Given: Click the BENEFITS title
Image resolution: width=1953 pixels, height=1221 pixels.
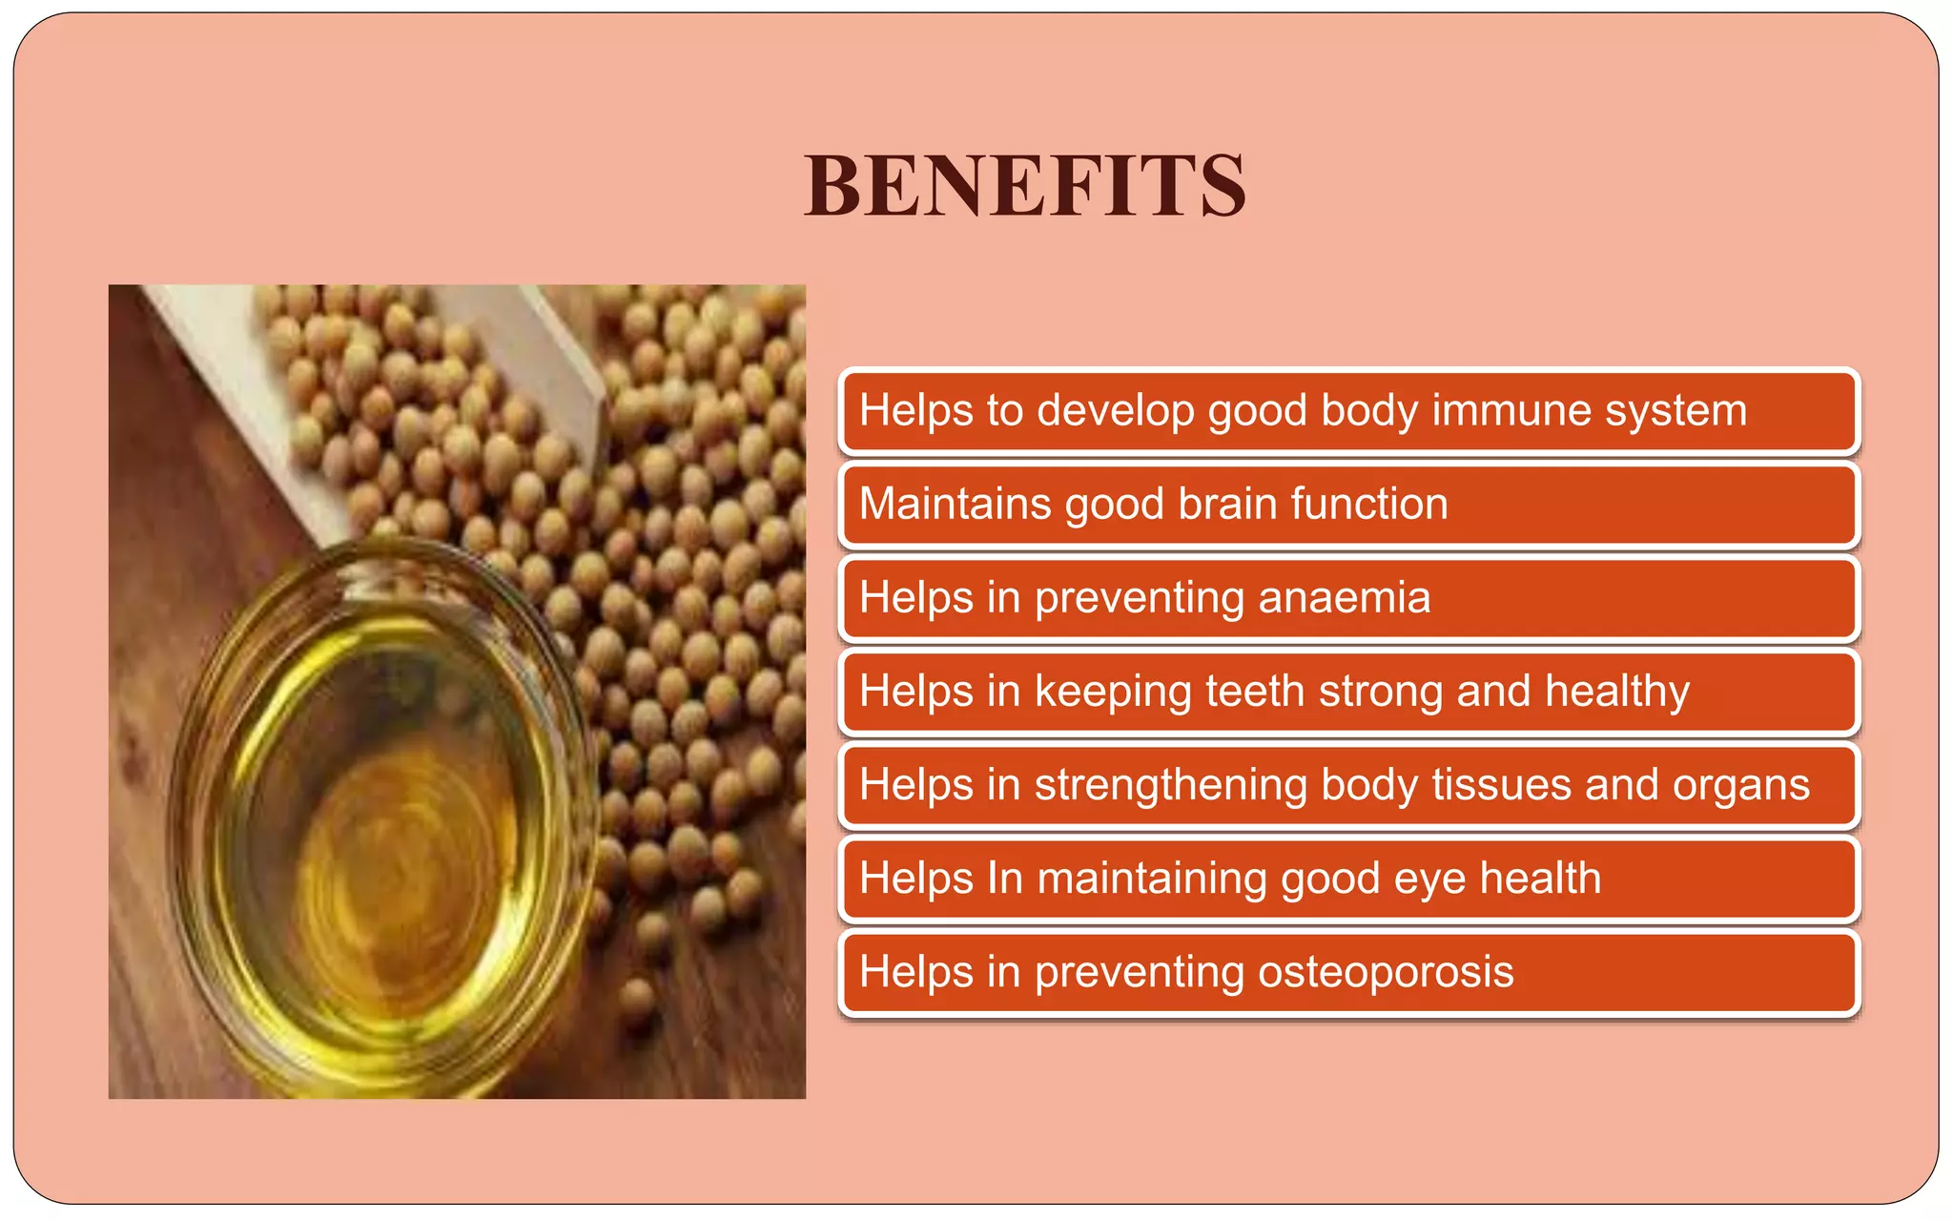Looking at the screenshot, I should click(x=1024, y=186).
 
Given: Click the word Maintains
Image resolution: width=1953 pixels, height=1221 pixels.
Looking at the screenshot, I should click(x=955, y=504).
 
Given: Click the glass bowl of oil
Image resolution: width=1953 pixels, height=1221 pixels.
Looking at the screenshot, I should click(x=381, y=820).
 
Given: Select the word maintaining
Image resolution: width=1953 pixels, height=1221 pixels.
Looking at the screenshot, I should click(x=1152, y=879).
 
